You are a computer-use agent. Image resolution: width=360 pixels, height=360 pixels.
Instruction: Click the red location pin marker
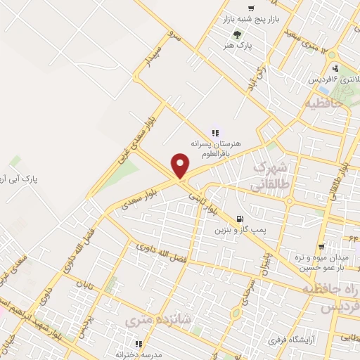[181, 166]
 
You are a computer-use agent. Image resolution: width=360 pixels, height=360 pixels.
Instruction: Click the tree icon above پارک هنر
[238, 34]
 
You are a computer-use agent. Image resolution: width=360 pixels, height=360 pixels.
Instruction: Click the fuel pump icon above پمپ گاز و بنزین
[240, 219]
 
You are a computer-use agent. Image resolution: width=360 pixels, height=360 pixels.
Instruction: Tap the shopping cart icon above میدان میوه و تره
[321, 247]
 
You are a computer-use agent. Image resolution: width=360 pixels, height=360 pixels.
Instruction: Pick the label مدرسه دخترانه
[139, 354]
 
